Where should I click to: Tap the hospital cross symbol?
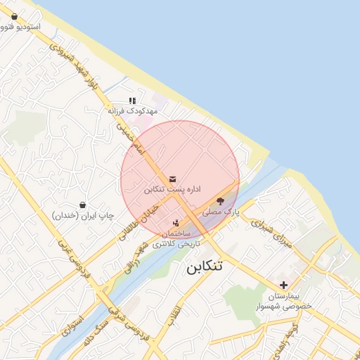click(283, 285)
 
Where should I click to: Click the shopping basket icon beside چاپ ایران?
click(83, 205)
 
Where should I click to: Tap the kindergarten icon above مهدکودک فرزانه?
click(132, 101)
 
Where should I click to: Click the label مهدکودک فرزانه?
click(133, 111)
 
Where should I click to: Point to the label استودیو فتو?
click(21, 26)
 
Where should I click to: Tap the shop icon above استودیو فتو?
click(15, 15)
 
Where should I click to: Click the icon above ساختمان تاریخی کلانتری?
click(176, 223)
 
